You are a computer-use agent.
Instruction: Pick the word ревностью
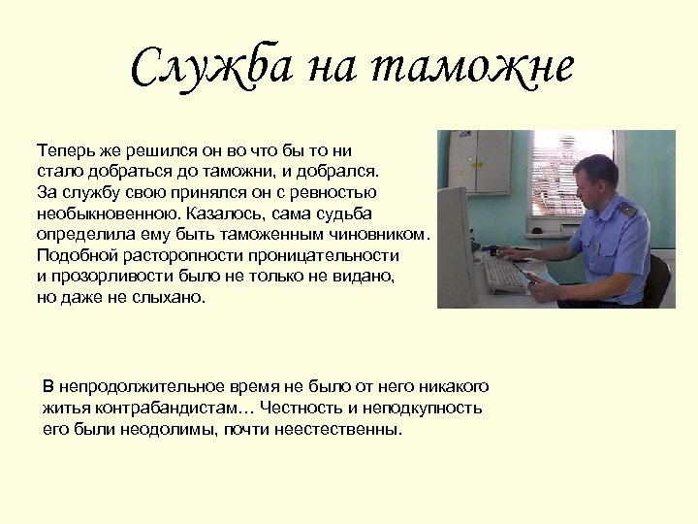tap(339, 192)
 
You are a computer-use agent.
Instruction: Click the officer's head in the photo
tap(593, 178)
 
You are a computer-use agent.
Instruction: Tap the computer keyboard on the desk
tap(507, 275)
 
